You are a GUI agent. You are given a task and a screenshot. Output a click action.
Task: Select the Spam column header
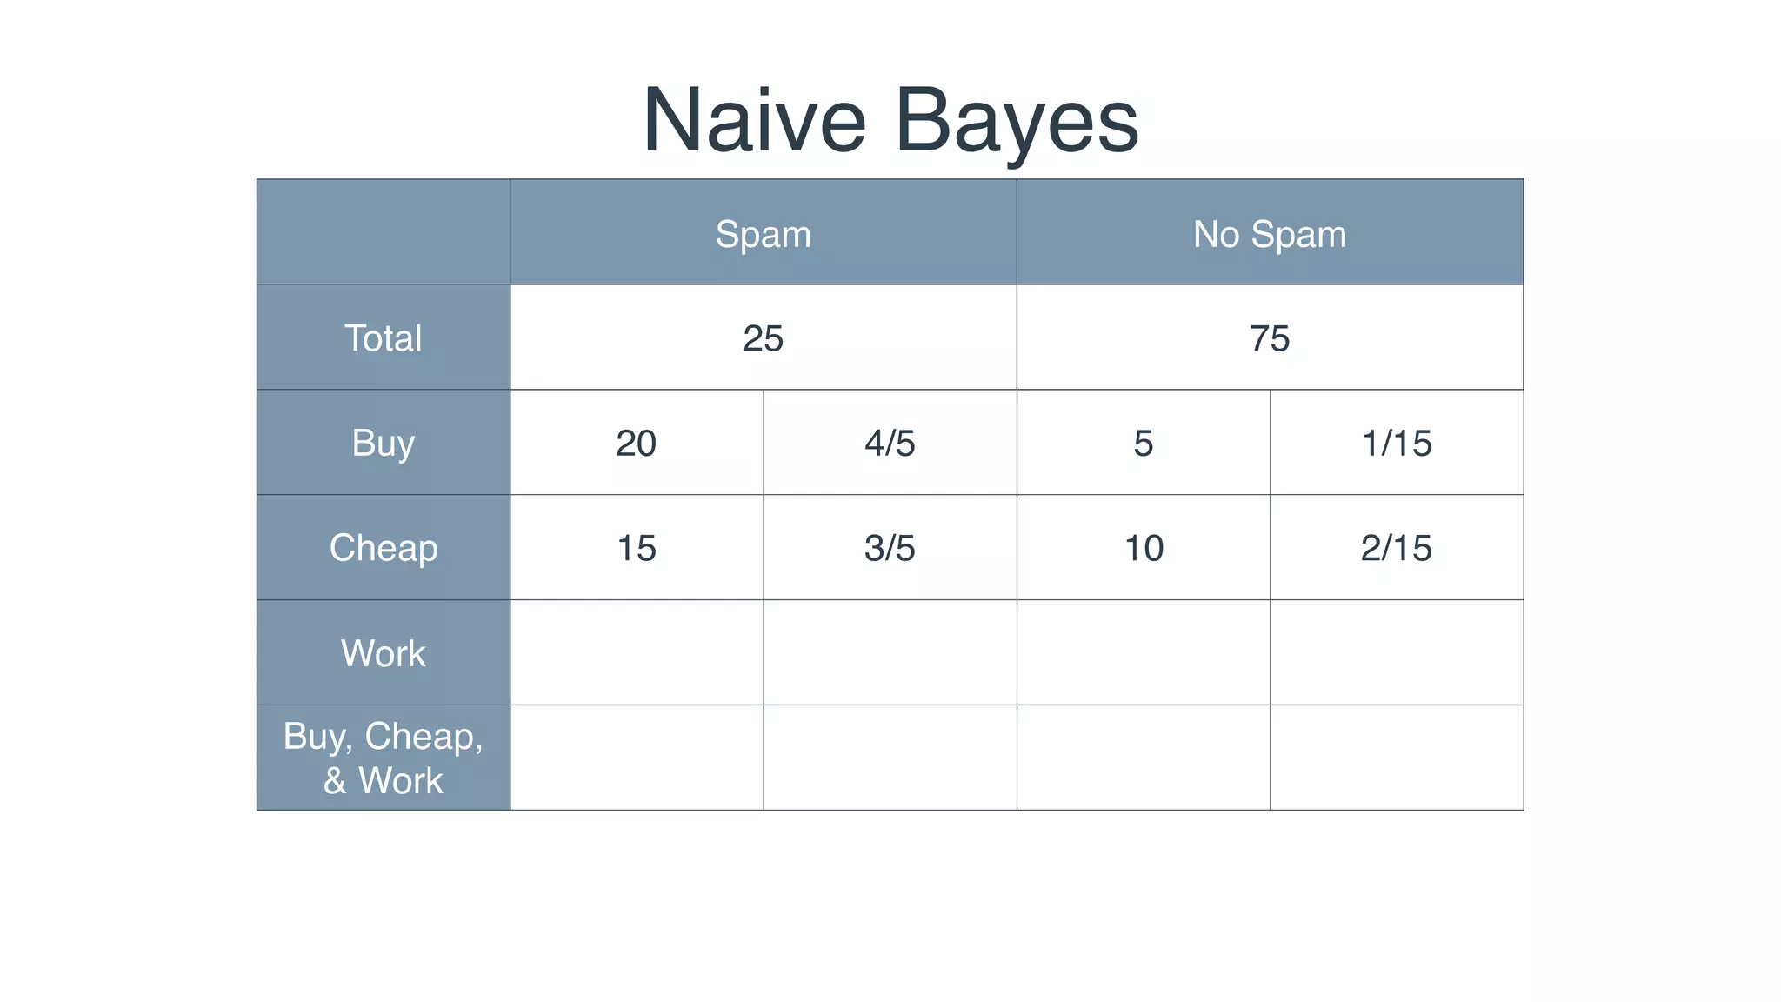(763, 234)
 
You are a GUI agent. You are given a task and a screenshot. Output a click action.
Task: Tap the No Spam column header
(1269, 234)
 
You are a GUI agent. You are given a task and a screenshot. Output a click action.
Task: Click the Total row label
(383, 337)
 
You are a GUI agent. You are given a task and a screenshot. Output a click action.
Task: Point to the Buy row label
(383, 443)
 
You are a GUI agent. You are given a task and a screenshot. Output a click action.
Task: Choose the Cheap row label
(383, 548)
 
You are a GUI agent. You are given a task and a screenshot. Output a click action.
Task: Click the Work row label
(383, 653)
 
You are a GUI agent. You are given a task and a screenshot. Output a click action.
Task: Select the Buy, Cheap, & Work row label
(383, 758)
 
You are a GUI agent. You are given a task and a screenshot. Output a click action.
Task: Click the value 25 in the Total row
(763, 338)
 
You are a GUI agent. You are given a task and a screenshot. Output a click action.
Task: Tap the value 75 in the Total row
(1269, 338)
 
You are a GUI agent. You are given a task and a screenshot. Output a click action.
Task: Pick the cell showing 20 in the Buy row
(636, 444)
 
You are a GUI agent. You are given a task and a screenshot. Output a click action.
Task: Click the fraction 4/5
(890, 444)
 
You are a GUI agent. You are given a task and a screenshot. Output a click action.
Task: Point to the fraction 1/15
(1396, 444)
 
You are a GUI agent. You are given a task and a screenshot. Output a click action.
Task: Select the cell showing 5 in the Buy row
(1143, 444)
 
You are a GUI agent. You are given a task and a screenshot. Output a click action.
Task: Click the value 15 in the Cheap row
(636, 549)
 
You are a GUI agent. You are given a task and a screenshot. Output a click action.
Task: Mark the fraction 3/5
(890, 549)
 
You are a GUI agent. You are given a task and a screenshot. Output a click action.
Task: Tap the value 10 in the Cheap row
(1143, 549)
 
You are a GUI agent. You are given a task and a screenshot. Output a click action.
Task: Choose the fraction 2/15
(1396, 549)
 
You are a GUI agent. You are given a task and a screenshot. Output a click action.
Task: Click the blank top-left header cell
(383, 232)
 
